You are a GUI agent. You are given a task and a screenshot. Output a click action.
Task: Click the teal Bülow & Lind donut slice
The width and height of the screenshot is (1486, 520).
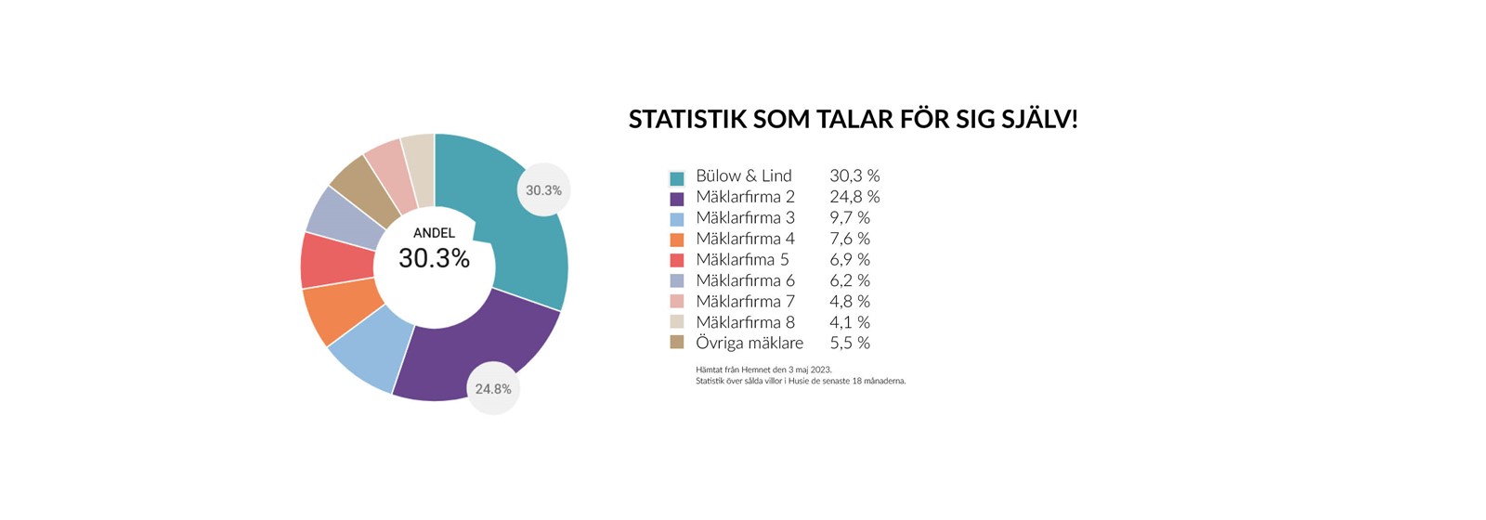tap(524, 239)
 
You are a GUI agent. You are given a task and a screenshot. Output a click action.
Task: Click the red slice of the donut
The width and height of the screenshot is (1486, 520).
tap(335, 260)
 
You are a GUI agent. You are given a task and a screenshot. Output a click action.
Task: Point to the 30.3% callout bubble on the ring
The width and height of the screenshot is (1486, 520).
tap(543, 190)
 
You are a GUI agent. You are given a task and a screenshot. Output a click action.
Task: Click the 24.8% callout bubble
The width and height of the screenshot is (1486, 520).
tap(493, 389)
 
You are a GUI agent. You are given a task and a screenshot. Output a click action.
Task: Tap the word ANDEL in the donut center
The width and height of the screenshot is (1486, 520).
tap(434, 233)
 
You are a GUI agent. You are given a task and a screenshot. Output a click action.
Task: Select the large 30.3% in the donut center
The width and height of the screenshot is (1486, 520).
tap(434, 258)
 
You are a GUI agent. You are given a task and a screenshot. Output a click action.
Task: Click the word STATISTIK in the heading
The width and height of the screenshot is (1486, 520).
tap(686, 120)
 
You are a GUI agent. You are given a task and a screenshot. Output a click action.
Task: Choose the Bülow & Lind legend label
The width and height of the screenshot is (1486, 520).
tap(744, 175)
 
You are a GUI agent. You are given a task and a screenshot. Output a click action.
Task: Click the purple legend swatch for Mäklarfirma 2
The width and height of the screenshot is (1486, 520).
tap(677, 199)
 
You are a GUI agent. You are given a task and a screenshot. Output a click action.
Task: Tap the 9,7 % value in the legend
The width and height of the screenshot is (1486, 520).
tap(850, 217)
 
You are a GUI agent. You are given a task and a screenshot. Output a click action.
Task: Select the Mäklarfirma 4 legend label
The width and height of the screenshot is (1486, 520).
tap(745, 239)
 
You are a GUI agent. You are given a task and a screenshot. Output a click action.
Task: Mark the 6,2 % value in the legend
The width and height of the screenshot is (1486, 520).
tap(850, 280)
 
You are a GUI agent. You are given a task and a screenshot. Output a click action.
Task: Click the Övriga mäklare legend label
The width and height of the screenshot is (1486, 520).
tap(750, 343)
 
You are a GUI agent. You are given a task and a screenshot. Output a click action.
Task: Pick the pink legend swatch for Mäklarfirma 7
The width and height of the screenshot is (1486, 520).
tap(677, 302)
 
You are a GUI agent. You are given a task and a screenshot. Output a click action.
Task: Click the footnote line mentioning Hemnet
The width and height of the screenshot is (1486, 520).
tap(763, 370)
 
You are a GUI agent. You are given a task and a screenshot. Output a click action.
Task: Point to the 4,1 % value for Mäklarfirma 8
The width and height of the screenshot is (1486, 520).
tap(850, 322)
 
